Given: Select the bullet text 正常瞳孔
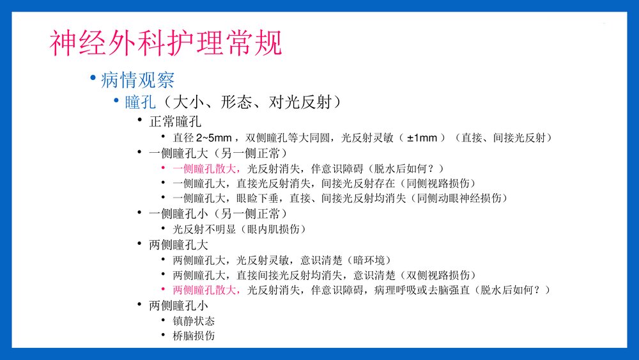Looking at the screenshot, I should pyautogui.click(x=174, y=121).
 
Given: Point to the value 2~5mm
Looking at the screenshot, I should pyautogui.click(x=214, y=137).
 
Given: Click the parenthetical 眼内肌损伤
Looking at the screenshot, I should pyautogui.click(x=276, y=229).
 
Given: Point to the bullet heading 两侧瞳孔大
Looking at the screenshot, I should pyautogui.click(x=181, y=244).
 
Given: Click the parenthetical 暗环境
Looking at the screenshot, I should pyautogui.click(x=371, y=260).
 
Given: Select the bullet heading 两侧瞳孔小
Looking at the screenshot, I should pyautogui.click(x=181, y=305).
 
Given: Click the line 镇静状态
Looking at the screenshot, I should pyautogui.click(x=194, y=320).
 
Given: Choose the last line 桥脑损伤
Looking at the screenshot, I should pyautogui.click(x=194, y=335).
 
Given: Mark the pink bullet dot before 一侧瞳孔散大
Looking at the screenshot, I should pyautogui.click(x=164, y=168).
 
